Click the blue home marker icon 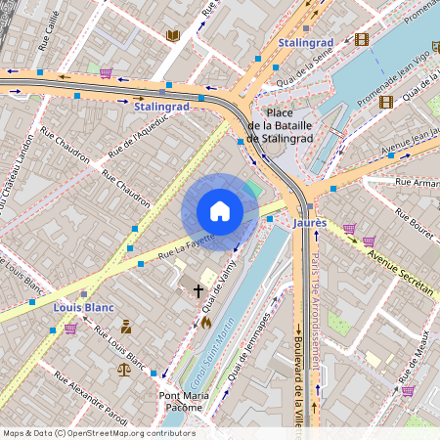pyautogui.click(x=220, y=211)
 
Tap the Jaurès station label pyautogui.click(x=309, y=223)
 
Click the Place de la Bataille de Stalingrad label pyautogui.click(x=280, y=126)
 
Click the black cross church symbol pyautogui.click(x=198, y=290)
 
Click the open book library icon pyautogui.click(x=173, y=36)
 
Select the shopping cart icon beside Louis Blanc pyautogui.click(x=70, y=329)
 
